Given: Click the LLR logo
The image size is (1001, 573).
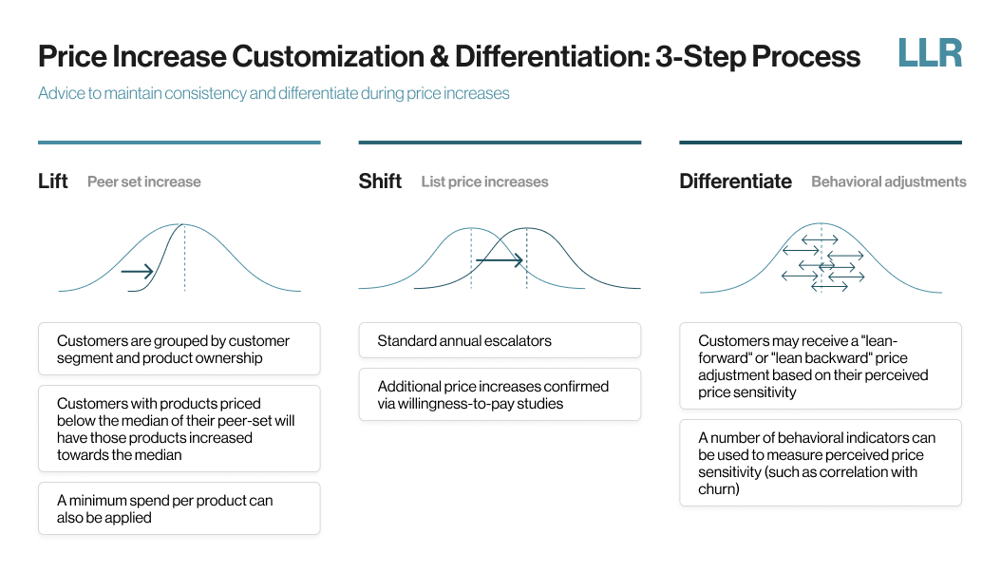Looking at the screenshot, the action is click(x=930, y=53).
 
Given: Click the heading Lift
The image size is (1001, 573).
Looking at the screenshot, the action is click(x=53, y=181).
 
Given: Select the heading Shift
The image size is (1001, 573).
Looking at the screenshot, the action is click(x=380, y=181).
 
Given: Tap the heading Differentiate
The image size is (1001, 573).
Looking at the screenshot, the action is click(x=735, y=181).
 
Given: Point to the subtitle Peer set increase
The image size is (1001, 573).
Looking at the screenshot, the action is click(x=144, y=182).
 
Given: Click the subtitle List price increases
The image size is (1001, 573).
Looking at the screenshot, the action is click(x=484, y=182).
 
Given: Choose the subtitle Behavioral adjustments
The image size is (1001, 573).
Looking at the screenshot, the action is click(x=889, y=182).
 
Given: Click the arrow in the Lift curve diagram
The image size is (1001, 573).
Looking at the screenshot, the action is click(x=138, y=272).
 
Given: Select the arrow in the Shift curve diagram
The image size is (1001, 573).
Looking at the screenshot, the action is click(x=500, y=260).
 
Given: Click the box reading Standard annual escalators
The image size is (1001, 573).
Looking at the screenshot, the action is click(x=500, y=340).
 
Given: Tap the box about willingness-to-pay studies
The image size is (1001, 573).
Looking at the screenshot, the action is click(x=500, y=394).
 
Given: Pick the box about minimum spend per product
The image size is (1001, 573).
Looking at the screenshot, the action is click(x=179, y=508).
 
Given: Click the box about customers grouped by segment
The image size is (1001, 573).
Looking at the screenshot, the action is click(x=179, y=349).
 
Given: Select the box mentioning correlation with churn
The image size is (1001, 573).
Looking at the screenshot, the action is click(x=821, y=463).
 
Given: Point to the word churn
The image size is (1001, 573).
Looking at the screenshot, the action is click(x=719, y=489).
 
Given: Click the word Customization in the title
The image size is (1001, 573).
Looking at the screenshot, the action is click(x=329, y=56).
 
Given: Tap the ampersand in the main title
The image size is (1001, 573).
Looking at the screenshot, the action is click(x=440, y=56).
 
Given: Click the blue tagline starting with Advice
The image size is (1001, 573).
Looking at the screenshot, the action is click(x=274, y=93).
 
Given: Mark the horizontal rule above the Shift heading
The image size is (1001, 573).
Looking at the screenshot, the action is click(x=500, y=143).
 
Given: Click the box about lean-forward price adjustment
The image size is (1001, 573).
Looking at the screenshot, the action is click(x=821, y=366).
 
